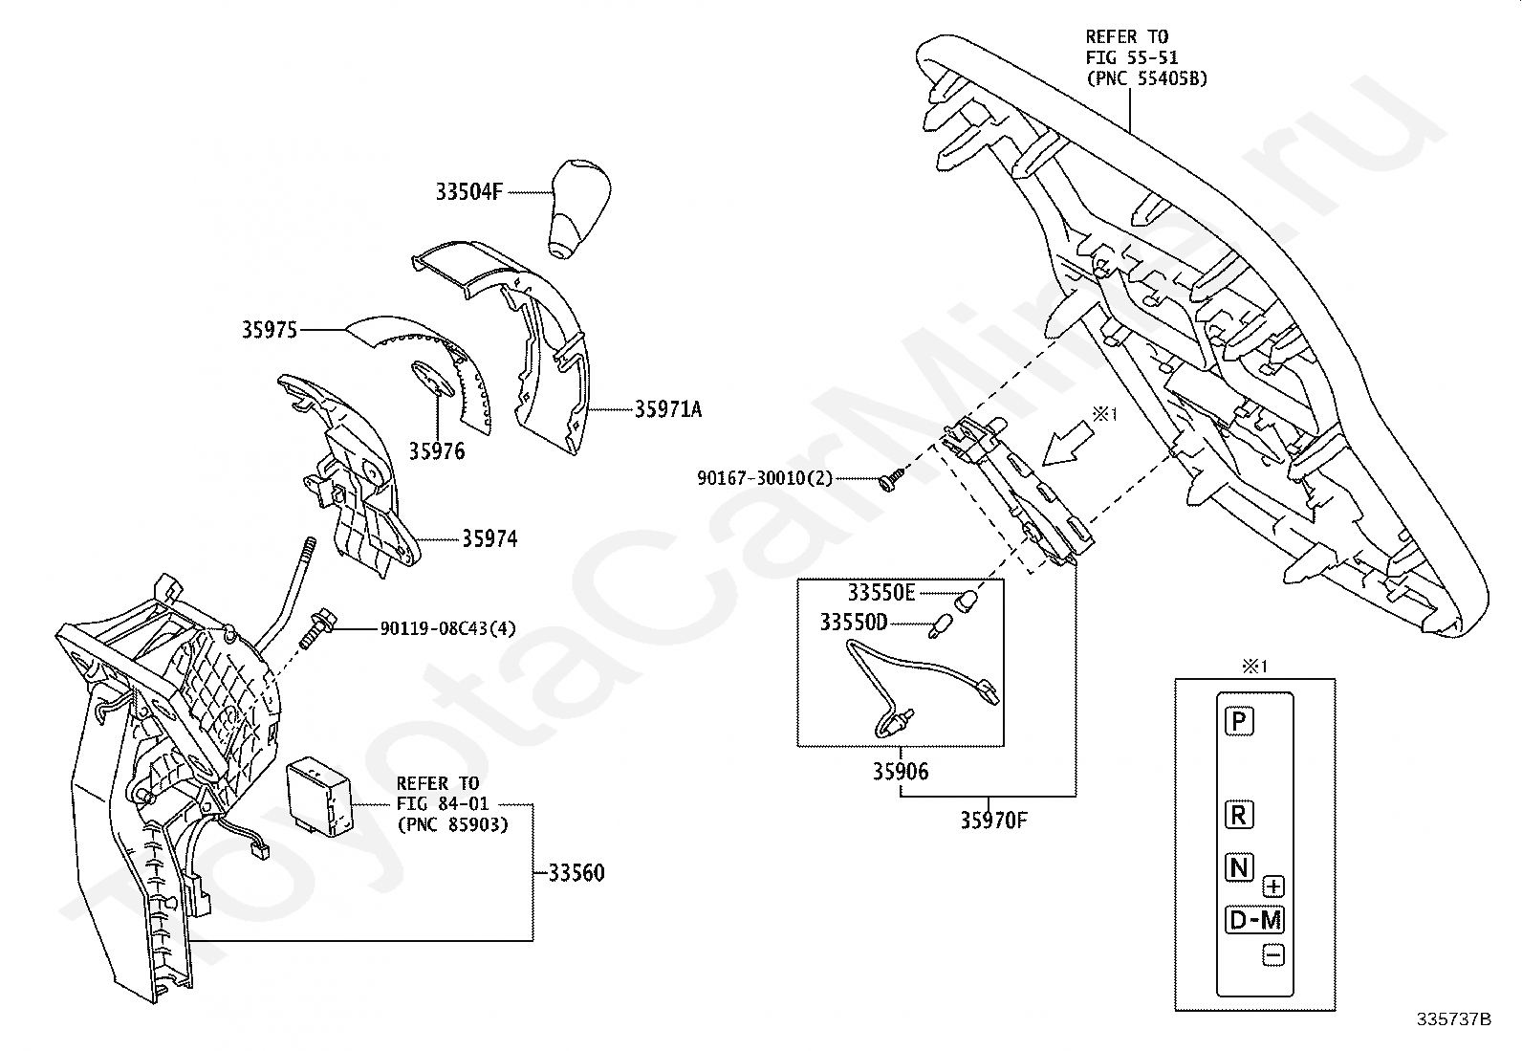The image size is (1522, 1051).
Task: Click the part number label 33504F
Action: pos(468,191)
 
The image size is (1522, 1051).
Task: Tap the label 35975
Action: pos(269,330)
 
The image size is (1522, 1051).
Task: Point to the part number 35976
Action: pos(437,450)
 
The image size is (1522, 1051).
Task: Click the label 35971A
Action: pos(668,409)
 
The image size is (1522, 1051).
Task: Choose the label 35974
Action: pos(489,539)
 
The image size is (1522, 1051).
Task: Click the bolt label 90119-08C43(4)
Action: pos(448,628)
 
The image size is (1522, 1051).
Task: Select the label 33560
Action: pos(576,873)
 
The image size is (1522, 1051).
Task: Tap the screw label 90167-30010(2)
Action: pos(765,477)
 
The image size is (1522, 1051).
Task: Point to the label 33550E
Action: pos(881,593)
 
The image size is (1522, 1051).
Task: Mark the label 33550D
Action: pos(854,624)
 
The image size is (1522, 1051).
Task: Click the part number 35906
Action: pos(901,771)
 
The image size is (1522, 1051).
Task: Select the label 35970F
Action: pos(994,821)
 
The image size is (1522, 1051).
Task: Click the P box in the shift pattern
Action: pos(1239,720)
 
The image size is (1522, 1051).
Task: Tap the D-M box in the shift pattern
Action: pos(1254,920)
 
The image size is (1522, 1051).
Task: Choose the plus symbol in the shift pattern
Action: pos(1272,886)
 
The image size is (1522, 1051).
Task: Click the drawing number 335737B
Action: pos(1453,1019)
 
